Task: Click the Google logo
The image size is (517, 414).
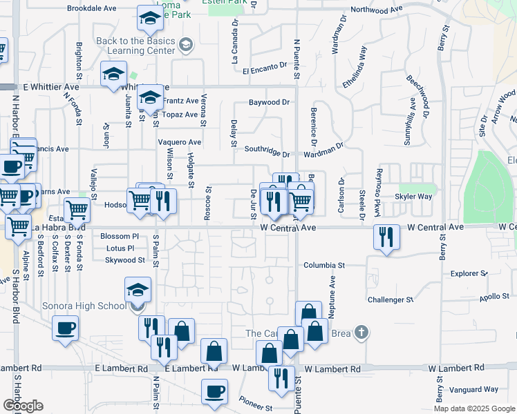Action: point(23,405)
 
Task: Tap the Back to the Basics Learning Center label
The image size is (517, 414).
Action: point(135,46)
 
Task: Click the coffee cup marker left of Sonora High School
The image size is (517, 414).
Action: point(66,328)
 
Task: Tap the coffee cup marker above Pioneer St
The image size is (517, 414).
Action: point(214,391)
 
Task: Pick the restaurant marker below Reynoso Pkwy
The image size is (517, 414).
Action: point(386,236)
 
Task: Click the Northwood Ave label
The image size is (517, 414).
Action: point(376,10)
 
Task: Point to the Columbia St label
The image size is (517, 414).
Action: point(323,265)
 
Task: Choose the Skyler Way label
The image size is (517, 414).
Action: point(413,197)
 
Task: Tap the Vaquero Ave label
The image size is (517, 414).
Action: point(179,142)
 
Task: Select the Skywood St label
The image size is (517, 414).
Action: point(124,260)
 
